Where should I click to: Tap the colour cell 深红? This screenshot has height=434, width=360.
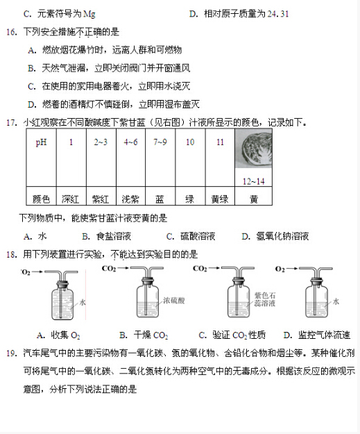pyautogui.click(x=71, y=199)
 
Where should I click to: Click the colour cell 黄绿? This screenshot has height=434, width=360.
pyautogui.click(x=219, y=199)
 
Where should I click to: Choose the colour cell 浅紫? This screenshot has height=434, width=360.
pyautogui.click(x=130, y=199)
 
